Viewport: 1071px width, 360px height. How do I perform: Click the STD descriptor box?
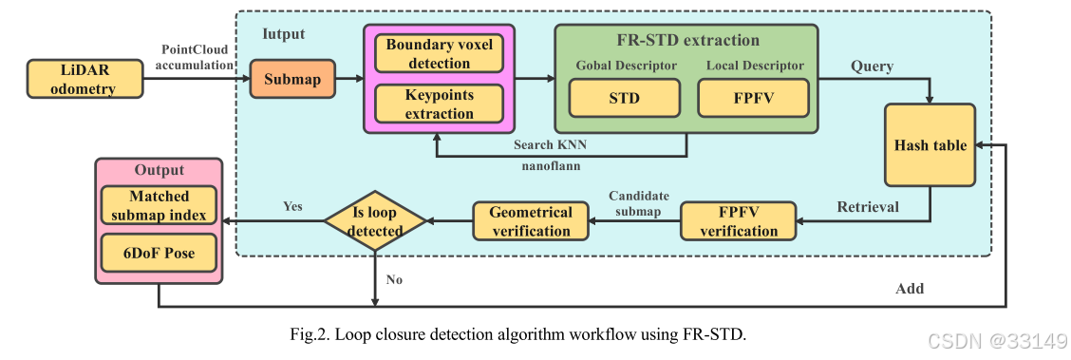point(624,97)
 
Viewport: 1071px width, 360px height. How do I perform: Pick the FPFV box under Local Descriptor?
point(754,97)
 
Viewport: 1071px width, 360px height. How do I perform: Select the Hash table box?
point(930,145)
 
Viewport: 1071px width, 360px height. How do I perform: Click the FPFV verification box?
point(738,220)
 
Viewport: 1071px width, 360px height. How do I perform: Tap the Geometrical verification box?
point(530,221)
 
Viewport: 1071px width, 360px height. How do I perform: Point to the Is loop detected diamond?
point(376,221)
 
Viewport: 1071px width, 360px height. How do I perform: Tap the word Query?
point(871,66)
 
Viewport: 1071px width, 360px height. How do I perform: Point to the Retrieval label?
point(867,206)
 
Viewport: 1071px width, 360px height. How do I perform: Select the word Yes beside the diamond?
point(293,206)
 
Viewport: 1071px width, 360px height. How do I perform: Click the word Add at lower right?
point(909,288)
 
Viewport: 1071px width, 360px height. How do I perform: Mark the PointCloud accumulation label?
point(197,56)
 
